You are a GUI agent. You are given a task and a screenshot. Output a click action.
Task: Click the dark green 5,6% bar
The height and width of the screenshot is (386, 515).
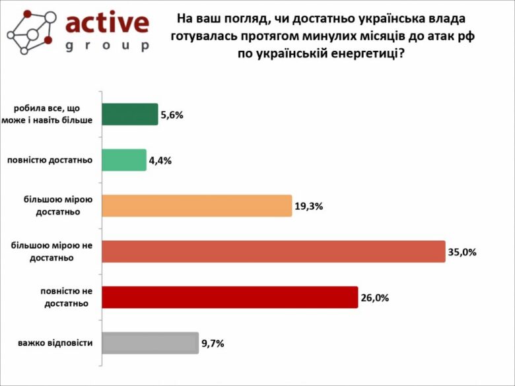point(130,114)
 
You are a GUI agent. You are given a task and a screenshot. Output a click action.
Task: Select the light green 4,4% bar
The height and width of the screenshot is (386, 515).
point(124,160)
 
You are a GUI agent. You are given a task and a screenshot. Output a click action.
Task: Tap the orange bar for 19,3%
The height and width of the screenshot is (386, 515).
point(197,206)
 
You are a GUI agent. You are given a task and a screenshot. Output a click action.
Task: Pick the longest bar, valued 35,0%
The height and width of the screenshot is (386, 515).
point(273,251)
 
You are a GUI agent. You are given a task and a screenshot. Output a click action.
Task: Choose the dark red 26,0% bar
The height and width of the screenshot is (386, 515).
point(230,297)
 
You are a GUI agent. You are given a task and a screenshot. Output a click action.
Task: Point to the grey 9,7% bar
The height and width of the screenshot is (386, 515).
point(150,343)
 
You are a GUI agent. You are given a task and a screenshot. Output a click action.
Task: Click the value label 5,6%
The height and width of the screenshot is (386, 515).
point(172,115)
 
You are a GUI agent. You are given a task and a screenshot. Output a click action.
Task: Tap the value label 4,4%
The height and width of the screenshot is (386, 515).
point(160,160)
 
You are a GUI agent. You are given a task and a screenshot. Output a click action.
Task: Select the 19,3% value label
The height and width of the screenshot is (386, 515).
point(308,206)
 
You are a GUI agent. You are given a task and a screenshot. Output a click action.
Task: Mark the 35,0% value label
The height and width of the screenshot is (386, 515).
point(462,252)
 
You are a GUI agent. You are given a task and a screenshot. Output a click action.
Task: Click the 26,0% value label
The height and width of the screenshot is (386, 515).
point(374,298)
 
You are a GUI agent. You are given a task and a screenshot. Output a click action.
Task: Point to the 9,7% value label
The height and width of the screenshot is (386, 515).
point(213,343)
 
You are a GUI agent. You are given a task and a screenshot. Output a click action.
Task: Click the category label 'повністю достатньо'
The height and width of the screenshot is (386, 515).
point(50,160)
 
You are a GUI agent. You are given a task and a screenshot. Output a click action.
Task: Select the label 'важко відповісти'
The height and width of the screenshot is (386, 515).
point(55,343)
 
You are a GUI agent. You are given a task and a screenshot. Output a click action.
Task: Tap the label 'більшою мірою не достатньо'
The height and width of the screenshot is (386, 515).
point(51,251)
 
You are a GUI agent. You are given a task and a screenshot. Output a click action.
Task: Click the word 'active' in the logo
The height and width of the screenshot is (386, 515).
point(108,24)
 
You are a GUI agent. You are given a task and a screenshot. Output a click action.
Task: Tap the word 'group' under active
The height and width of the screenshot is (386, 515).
point(108,46)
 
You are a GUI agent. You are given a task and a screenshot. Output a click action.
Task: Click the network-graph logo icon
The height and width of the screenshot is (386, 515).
point(30,32)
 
